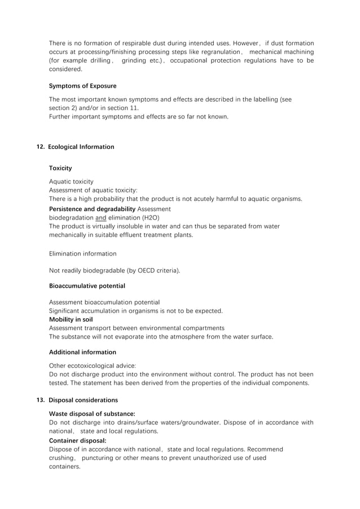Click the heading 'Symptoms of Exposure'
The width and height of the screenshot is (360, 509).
pyautogui.click(x=83, y=86)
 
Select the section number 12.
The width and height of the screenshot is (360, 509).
pyautogui.click(x=41, y=147)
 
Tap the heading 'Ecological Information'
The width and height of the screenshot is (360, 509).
pyautogui.click(x=81, y=147)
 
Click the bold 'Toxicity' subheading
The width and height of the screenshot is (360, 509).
pyautogui.click(x=60, y=168)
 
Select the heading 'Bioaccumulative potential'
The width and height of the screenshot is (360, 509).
pyautogui.click(x=87, y=286)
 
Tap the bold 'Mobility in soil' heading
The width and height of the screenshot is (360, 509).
pyautogui.click(x=71, y=319)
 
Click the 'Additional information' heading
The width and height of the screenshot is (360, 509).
pyautogui.click(x=82, y=353)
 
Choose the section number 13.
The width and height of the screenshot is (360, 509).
pyautogui.click(x=41, y=401)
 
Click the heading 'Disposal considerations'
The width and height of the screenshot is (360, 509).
pyautogui.click(x=83, y=401)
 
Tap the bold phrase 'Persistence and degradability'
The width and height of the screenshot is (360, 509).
pyautogui.click(x=92, y=209)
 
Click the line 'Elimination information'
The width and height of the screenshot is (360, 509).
pyautogui.click(x=83, y=254)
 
